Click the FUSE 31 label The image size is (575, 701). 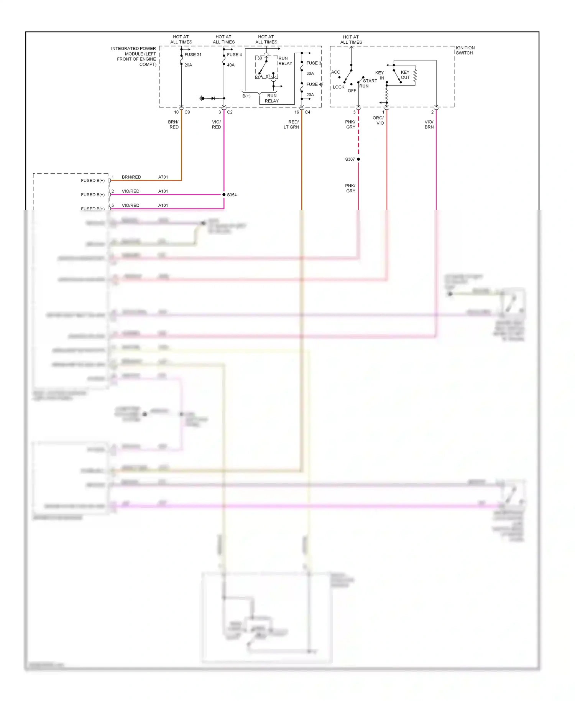[193, 54]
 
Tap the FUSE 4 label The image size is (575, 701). [234, 54]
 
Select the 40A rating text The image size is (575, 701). [231, 65]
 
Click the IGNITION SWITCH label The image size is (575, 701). [465, 50]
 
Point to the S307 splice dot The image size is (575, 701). [358, 159]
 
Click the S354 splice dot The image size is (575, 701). [224, 195]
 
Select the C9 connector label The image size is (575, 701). [187, 112]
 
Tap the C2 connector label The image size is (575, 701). [230, 112]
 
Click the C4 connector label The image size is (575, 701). [307, 112]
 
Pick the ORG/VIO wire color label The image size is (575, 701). [378, 120]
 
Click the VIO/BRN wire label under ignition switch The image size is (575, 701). [429, 124]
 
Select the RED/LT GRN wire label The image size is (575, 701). [292, 124]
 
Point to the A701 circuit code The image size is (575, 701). [163, 177]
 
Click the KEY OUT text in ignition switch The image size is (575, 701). [405, 75]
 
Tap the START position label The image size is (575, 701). [370, 81]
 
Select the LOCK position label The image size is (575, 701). [338, 87]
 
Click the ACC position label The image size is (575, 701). [335, 72]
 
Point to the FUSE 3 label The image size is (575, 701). [314, 63]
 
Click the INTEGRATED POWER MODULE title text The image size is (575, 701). [134, 56]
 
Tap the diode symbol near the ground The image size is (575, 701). [213, 99]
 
